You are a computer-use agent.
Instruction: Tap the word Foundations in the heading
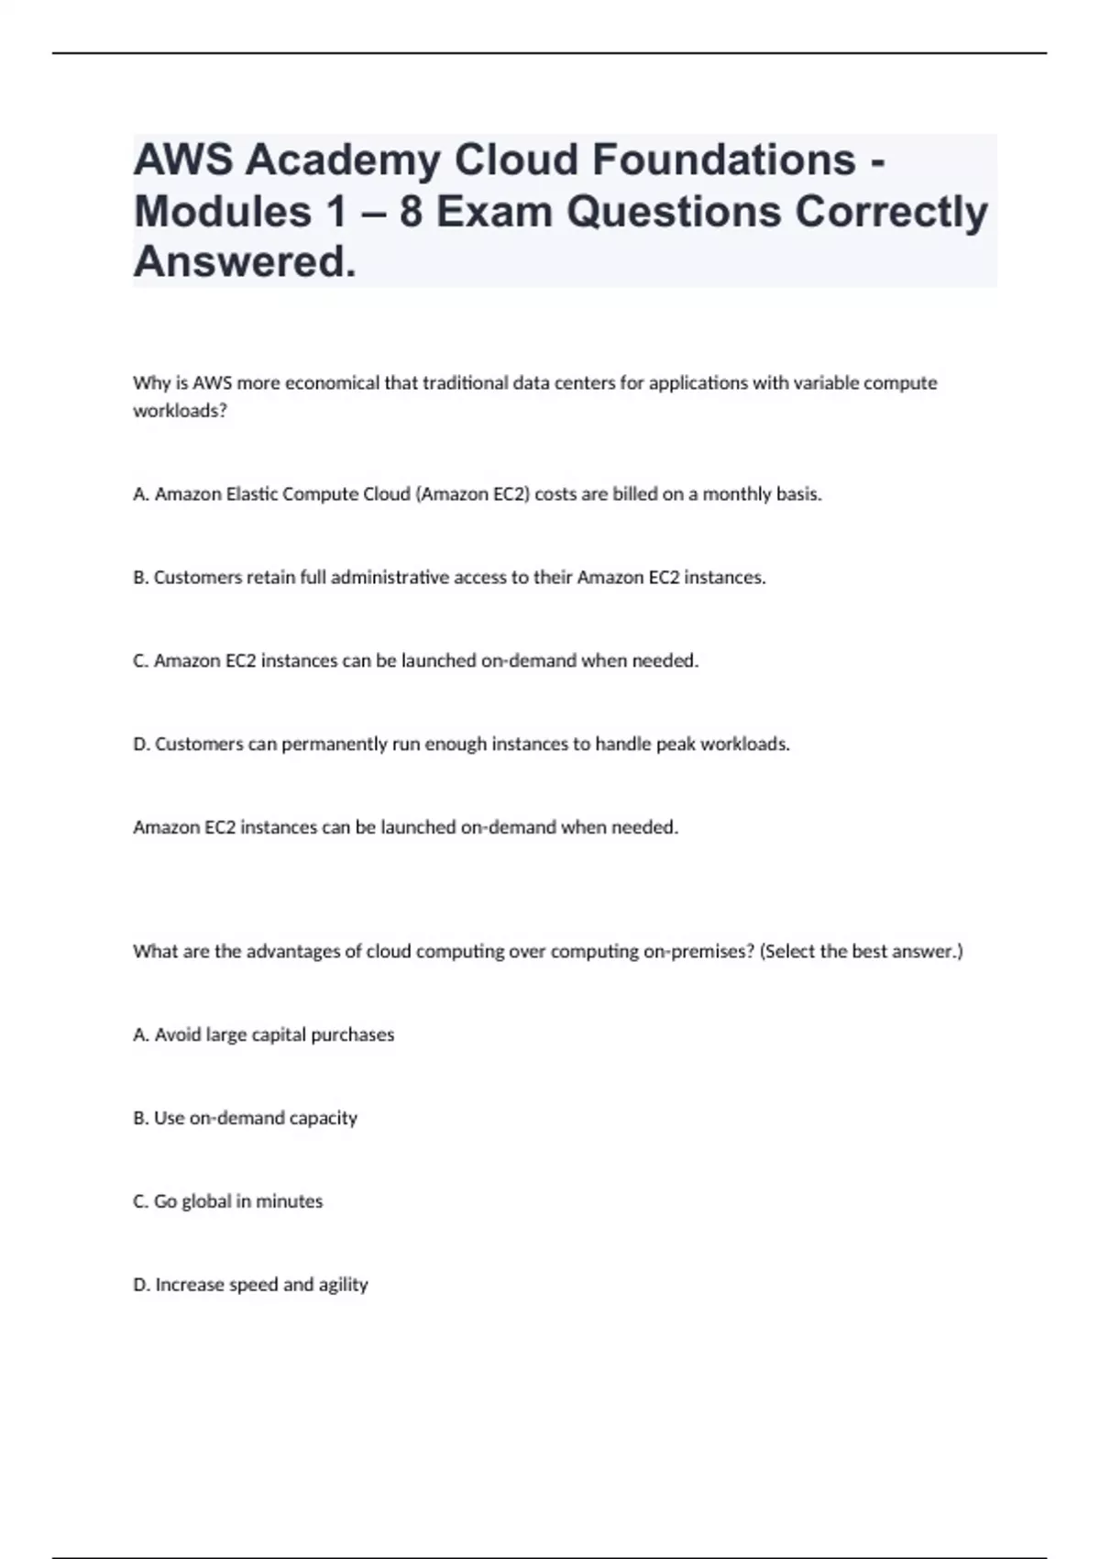pos(723,160)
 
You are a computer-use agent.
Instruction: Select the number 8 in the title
pos(411,212)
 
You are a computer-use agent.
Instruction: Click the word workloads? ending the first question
pos(180,411)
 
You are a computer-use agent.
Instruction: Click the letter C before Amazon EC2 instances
pos(139,661)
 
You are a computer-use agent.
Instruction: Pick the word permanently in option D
pos(335,745)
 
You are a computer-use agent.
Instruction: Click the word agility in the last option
pos(343,1286)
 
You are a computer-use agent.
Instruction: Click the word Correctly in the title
pos(891,212)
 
